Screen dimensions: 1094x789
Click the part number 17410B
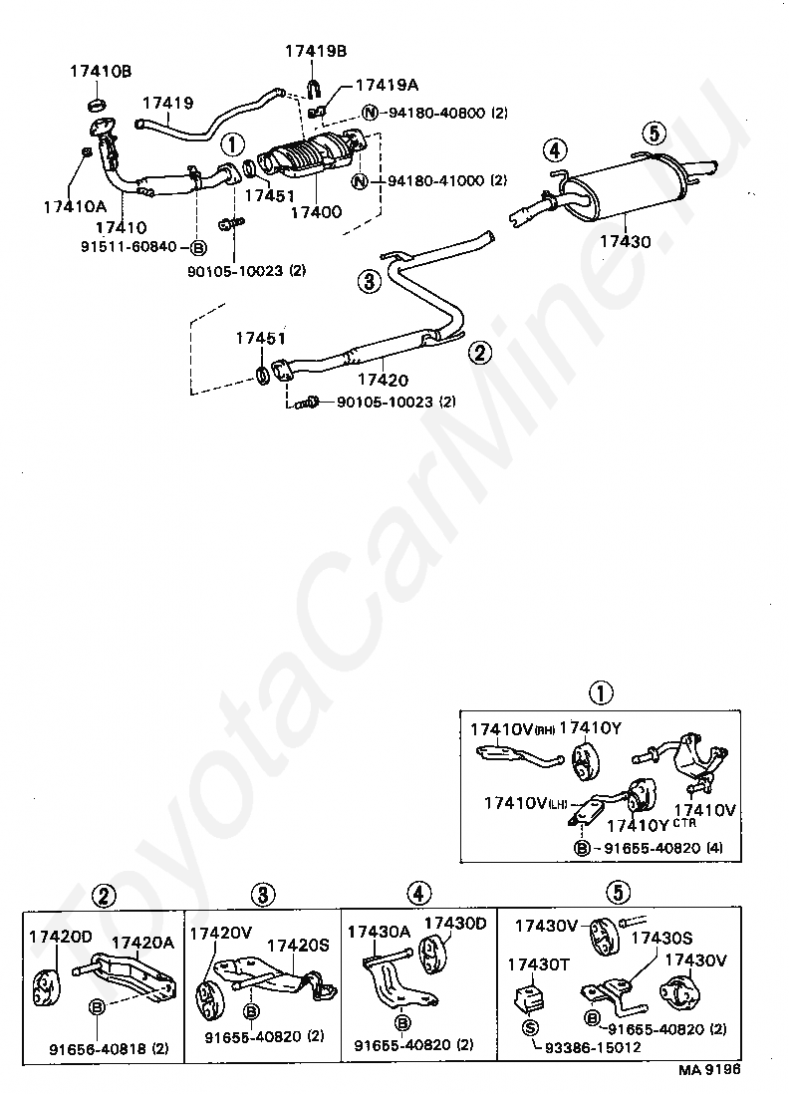click(x=100, y=71)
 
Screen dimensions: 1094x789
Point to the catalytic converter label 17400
click(x=316, y=211)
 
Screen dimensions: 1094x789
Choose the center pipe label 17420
click(x=383, y=380)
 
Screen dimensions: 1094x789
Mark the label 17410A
click(x=73, y=206)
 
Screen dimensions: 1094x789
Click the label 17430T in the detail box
click(x=538, y=964)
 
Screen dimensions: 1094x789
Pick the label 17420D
click(x=60, y=937)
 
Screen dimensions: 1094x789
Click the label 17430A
click(x=379, y=932)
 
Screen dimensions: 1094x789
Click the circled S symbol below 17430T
click(x=530, y=1027)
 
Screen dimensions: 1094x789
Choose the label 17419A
click(x=388, y=87)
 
